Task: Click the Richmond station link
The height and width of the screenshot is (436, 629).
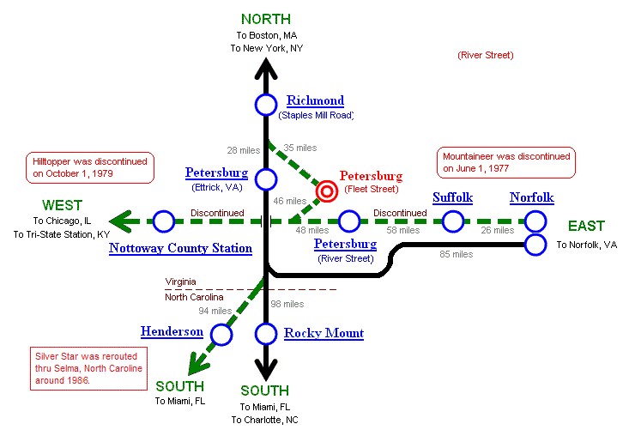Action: (x=315, y=100)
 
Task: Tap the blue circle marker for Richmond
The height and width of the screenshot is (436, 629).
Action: (x=266, y=105)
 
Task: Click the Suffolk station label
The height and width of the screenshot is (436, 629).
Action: (x=452, y=197)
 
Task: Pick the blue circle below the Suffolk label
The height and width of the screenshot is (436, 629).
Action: (x=452, y=221)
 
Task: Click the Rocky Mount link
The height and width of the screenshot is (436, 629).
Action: (x=324, y=333)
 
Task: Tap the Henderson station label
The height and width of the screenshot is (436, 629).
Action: (x=172, y=331)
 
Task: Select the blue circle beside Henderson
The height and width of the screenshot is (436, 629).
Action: (x=221, y=335)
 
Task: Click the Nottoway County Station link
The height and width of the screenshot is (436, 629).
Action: (x=180, y=248)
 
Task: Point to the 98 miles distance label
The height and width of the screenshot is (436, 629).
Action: (x=287, y=304)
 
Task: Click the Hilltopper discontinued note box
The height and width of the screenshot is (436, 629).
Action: (x=90, y=167)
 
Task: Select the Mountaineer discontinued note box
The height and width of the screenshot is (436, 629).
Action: (x=505, y=162)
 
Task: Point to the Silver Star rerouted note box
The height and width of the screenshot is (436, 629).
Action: (x=88, y=367)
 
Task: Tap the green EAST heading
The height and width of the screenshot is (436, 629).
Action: (x=586, y=227)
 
